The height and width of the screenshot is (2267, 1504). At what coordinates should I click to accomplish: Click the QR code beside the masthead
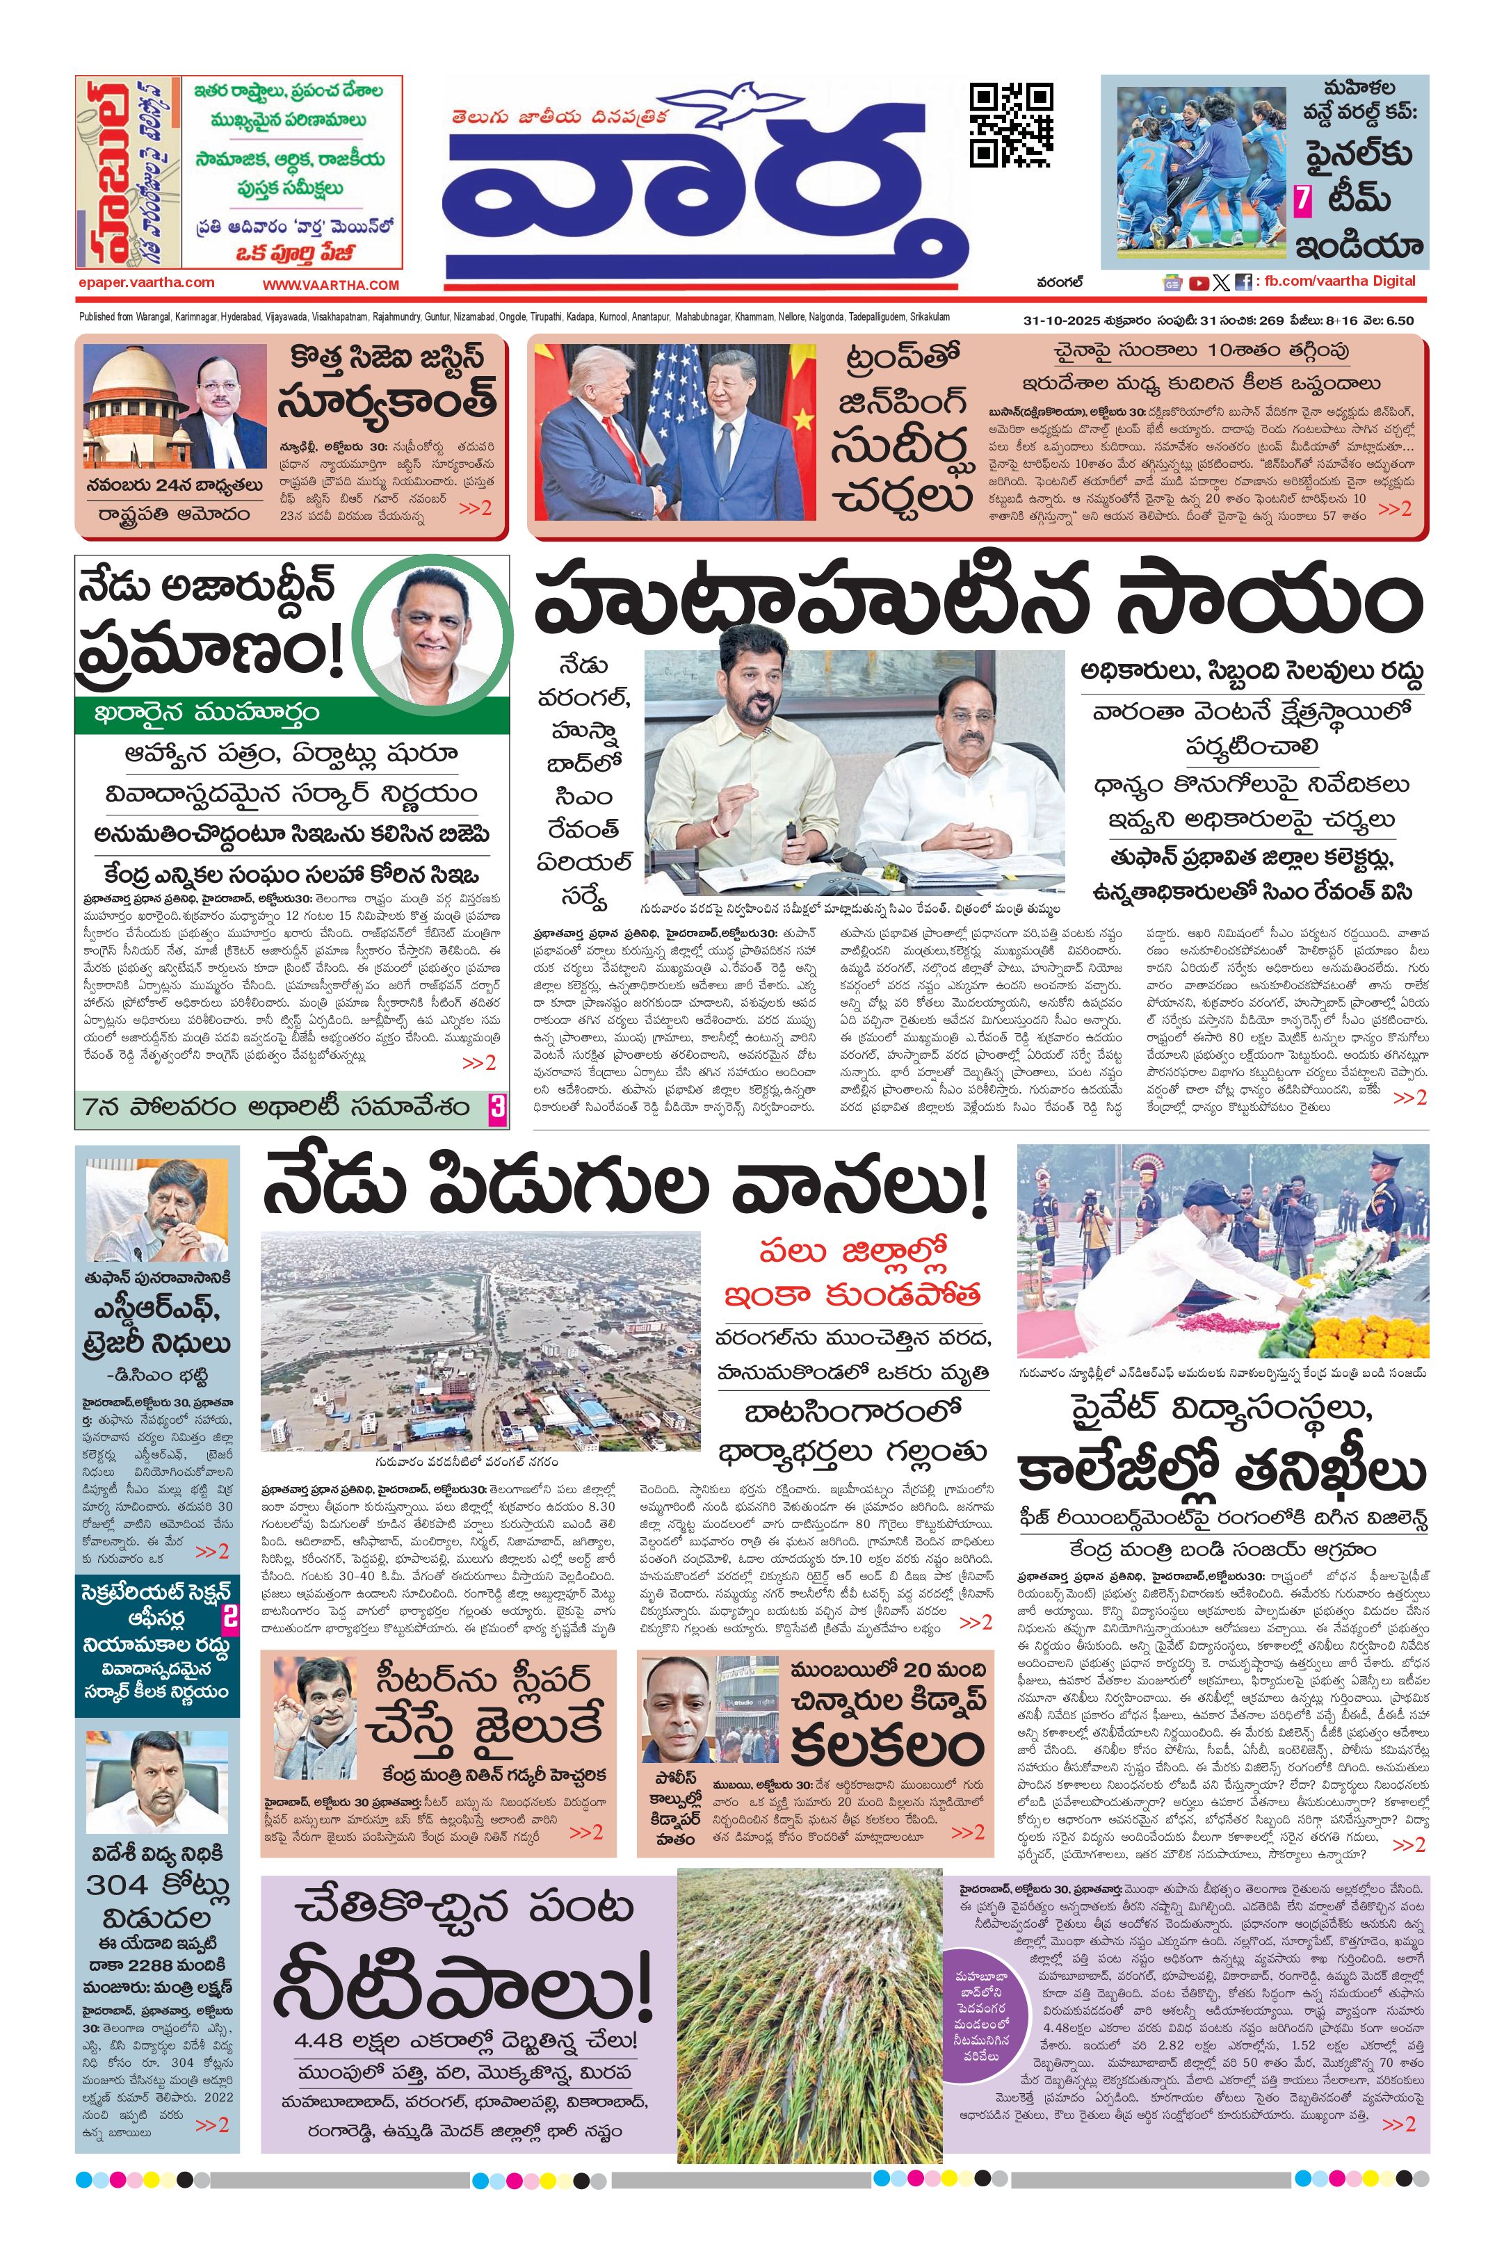[x=1011, y=124]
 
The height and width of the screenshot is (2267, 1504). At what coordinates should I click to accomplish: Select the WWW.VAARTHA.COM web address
[x=330, y=285]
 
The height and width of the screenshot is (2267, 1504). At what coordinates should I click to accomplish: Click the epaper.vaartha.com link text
[x=147, y=283]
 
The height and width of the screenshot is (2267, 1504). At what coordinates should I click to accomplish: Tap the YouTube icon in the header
[x=1198, y=283]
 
